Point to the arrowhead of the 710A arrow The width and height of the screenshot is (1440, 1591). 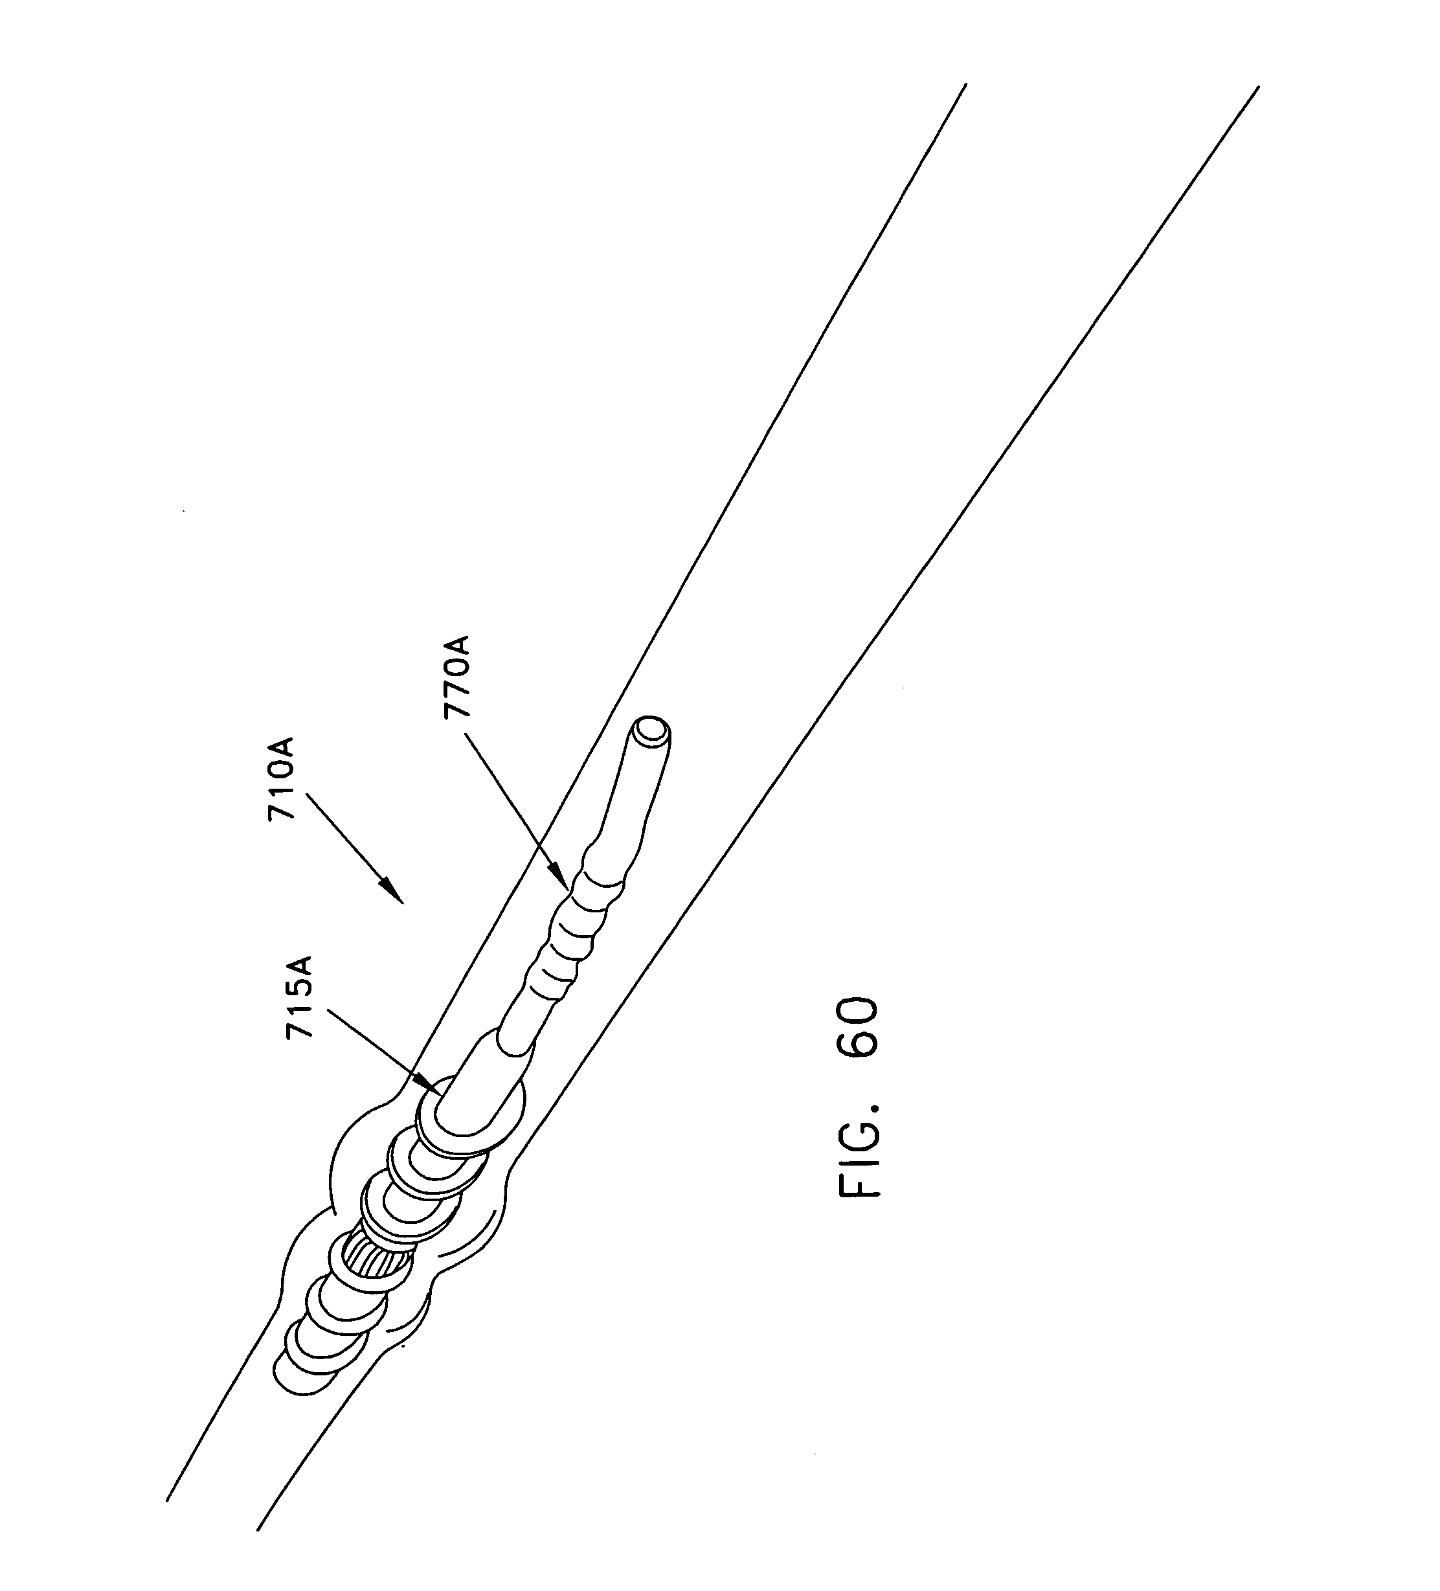(394, 892)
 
